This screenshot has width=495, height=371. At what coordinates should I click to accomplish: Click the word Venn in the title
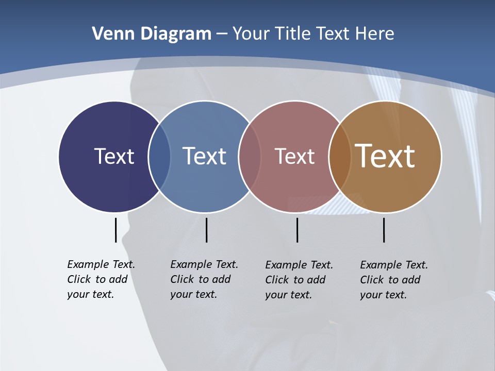click(108, 34)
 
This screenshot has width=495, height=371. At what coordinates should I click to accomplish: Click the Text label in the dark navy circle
click(114, 156)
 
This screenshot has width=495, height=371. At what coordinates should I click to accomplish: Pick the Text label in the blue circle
click(205, 156)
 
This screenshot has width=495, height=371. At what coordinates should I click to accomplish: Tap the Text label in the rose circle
click(294, 156)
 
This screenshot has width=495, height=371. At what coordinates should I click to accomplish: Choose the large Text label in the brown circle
click(385, 156)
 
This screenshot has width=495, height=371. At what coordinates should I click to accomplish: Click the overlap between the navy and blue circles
click(159, 157)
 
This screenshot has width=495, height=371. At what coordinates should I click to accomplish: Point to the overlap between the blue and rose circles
click(250, 157)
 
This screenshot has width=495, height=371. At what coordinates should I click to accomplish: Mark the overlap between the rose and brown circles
click(340, 157)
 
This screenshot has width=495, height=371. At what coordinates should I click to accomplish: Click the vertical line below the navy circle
click(115, 230)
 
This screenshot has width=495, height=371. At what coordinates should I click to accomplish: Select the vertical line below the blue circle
click(206, 230)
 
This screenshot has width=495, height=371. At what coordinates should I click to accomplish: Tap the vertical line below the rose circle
click(297, 230)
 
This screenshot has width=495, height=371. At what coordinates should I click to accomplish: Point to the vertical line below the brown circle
click(384, 230)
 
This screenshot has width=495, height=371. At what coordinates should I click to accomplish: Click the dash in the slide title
click(222, 35)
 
